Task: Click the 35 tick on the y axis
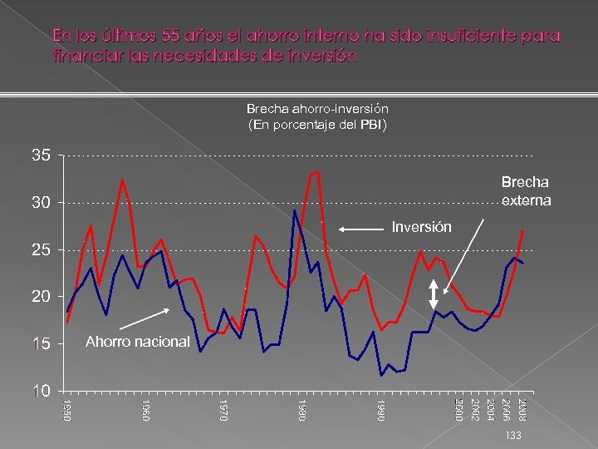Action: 42,155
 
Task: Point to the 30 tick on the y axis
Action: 42,203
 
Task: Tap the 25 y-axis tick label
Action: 42,250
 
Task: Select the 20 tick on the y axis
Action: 42,297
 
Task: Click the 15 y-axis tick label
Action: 42,344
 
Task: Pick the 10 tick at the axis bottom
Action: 42,391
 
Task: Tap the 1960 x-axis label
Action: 146,409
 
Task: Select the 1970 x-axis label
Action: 223,409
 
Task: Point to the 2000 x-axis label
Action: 458,409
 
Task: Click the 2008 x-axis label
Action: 522,409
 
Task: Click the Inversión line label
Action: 421,227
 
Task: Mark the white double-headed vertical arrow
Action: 434,294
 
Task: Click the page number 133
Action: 512,435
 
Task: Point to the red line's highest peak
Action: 317,172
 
